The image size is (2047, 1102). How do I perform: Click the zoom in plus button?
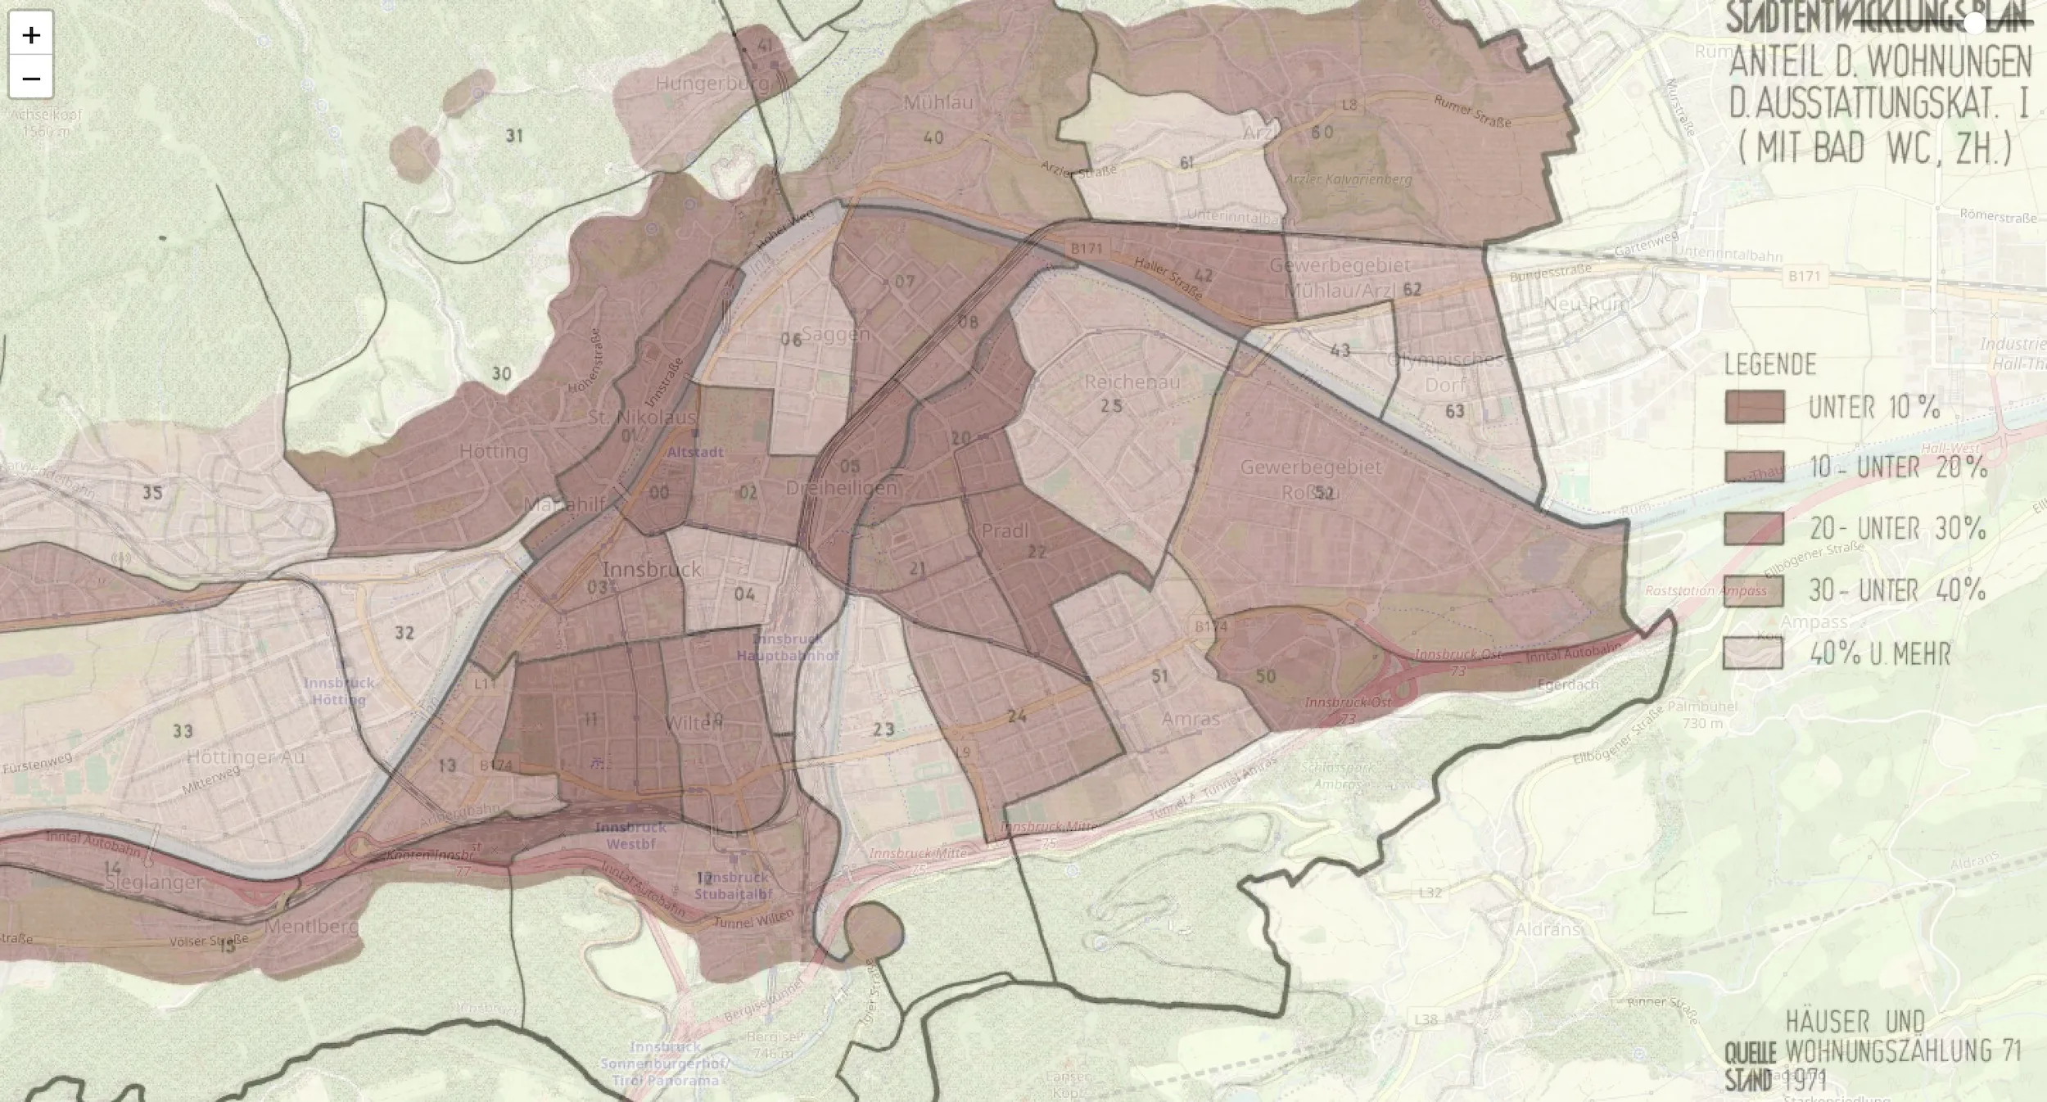(x=31, y=34)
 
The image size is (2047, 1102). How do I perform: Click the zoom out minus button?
(x=31, y=79)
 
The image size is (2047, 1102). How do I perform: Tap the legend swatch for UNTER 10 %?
(x=1754, y=407)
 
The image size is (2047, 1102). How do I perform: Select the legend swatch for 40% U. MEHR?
(x=1753, y=653)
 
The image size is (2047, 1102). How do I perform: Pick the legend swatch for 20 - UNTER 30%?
(x=1754, y=528)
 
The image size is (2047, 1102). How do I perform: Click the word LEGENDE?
(x=1770, y=364)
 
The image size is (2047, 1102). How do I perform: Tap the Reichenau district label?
(x=1132, y=382)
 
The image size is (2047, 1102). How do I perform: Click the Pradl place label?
(x=1004, y=531)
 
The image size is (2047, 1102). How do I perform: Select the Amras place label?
(x=1191, y=719)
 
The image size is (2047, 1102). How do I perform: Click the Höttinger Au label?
(x=246, y=757)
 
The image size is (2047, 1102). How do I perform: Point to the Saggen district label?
(x=835, y=334)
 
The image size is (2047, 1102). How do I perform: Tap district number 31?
(x=514, y=136)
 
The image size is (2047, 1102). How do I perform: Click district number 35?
(x=153, y=493)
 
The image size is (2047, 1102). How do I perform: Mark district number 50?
(x=1266, y=676)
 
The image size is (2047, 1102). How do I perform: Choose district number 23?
(x=883, y=729)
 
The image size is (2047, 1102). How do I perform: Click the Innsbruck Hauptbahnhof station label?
(x=787, y=647)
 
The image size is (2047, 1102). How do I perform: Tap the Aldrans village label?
(x=1547, y=930)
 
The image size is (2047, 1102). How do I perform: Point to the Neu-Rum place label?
(x=1586, y=305)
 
